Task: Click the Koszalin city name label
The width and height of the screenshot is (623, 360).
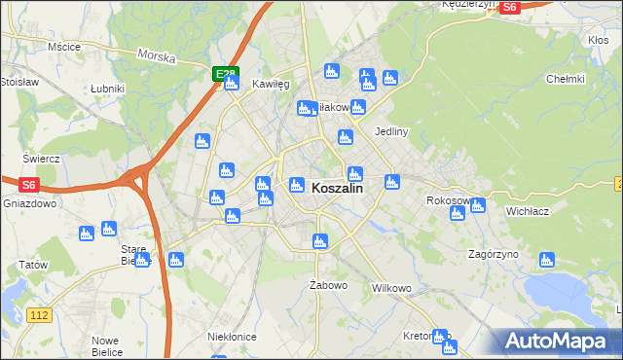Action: click(x=337, y=190)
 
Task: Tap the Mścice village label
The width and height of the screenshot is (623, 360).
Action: click(x=63, y=46)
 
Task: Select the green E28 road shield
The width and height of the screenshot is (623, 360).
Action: click(x=225, y=73)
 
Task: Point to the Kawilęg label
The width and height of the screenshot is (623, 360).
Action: click(x=272, y=85)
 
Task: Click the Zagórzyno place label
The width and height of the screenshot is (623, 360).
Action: click(x=493, y=254)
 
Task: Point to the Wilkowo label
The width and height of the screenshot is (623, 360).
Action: click(x=392, y=289)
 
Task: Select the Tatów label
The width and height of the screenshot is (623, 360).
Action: click(x=33, y=265)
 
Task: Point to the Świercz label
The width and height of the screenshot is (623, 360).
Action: click(x=42, y=158)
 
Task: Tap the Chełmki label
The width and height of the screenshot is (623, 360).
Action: click(x=565, y=79)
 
